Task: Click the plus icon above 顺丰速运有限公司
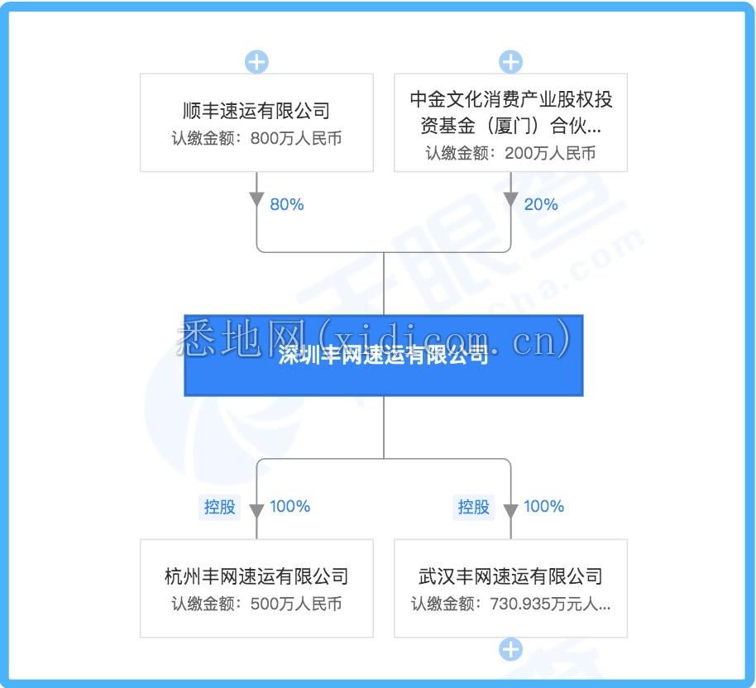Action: point(256,62)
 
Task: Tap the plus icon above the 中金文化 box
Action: point(510,62)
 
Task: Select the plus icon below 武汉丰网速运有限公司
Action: point(510,649)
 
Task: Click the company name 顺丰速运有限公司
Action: point(256,111)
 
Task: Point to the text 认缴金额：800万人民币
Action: point(256,138)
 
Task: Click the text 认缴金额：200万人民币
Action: point(510,153)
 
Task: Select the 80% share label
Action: point(287,204)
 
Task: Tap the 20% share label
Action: point(541,204)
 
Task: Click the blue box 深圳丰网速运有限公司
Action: point(384,356)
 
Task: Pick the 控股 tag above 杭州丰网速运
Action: point(219,507)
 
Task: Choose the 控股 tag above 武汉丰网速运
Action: point(473,507)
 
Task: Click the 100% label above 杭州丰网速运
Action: point(289,506)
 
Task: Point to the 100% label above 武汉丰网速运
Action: point(544,506)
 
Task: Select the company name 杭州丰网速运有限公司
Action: point(256,576)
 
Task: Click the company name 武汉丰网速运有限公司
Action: point(510,576)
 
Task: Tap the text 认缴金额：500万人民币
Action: point(256,604)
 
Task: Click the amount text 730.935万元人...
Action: point(550,604)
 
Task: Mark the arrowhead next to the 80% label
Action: point(256,199)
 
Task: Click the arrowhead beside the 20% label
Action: point(510,199)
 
